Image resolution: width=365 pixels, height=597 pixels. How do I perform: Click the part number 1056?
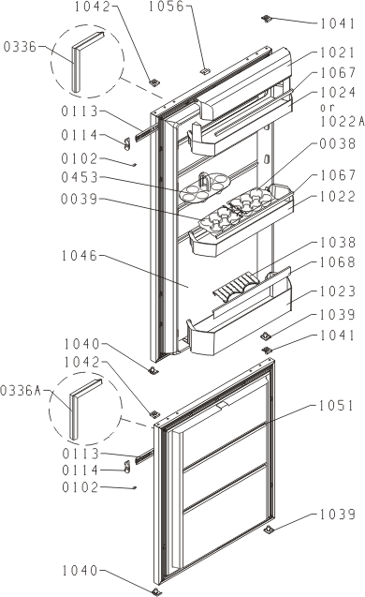pyautogui.click(x=166, y=7)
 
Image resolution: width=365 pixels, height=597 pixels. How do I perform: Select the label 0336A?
pyautogui.click(x=21, y=391)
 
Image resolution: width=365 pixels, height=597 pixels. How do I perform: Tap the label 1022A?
pyautogui.click(x=343, y=122)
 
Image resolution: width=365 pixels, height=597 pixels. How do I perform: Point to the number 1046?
pyautogui.click(x=80, y=256)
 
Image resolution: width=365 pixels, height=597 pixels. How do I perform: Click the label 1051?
pyautogui.click(x=336, y=406)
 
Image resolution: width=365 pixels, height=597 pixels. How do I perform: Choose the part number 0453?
pyautogui.click(x=80, y=177)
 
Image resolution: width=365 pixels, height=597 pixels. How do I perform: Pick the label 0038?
pyautogui.click(x=338, y=143)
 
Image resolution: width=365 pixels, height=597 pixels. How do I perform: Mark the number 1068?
pyautogui.click(x=338, y=262)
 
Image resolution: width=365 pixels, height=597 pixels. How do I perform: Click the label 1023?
pyautogui.click(x=338, y=291)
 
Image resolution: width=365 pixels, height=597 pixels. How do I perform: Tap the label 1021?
pyautogui.click(x=337, y=52)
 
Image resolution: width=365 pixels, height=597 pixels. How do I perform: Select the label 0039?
pyautogui.click(x=80, y=199)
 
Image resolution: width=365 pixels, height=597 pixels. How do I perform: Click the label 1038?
pyautogui.click(x=338, y=242)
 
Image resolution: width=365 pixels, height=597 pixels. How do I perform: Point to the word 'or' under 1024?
pyautogui.click(x=328, y=108)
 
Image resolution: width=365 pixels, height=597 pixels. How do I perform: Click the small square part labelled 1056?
pyautogui.click(x=205, y=71)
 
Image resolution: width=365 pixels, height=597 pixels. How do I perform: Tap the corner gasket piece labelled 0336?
pyautogui.click(x=86, y=61)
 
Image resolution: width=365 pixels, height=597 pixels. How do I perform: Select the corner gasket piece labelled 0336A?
pyautogui.click(x=84, y=409)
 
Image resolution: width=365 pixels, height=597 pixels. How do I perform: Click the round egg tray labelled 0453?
pyautogui.click(x=204, y=187)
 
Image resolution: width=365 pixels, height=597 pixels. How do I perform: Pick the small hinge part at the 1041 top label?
pyautogui.click(x=268, y=19)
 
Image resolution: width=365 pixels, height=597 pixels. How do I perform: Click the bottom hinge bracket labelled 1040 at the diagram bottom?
pyautogui.click(x=156, y=591)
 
